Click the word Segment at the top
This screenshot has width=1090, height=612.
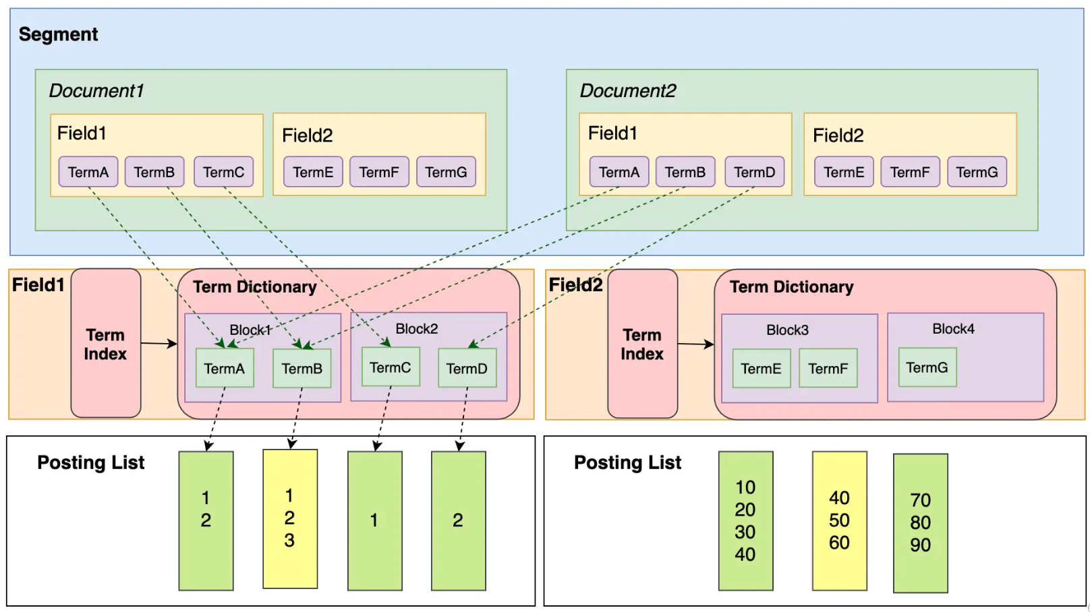coord(58,34)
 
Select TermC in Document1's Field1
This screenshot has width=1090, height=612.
coord(223,172)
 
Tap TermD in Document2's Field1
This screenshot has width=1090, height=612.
coord(754,172)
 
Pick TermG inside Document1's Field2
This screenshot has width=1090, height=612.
coord(446,172)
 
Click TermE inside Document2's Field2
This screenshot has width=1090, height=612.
coord(844,172)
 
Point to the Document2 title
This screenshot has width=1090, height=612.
coord(627,91)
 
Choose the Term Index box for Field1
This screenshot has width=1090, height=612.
coord(106,344)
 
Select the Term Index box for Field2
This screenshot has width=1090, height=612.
coord(642,344)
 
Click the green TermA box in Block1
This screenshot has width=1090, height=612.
coord(225,368)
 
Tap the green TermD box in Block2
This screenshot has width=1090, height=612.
coord(467,368)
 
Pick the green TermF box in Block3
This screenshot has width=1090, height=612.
coord(828,368)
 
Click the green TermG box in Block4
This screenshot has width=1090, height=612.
coord(927,367)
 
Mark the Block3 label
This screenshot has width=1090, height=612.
coord(787,330)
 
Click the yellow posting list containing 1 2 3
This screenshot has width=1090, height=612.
coord(289,518)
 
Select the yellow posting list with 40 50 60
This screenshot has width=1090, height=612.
coord(839,520)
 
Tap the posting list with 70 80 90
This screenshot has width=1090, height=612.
coord(920,523)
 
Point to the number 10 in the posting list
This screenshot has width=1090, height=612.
coord(745,487)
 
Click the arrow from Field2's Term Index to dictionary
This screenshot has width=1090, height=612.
coord(695,344)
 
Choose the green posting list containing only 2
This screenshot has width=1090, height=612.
coord(458,520)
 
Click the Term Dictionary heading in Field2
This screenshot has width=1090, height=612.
coord(791,287)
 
